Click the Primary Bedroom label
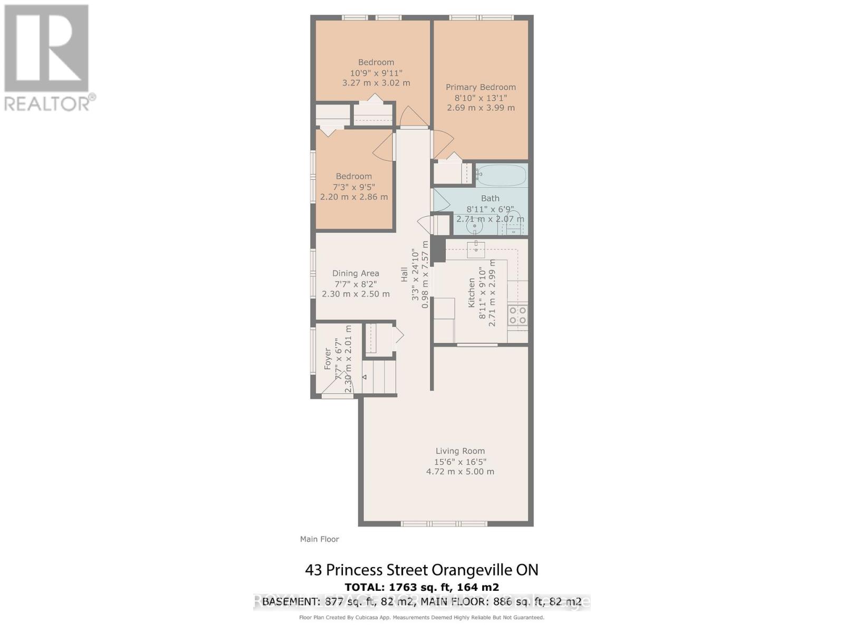coord(481,87)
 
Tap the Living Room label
coord(460,451)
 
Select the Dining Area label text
coord(356,273)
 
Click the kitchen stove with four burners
coord(517,315)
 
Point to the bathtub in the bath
coord(501,175)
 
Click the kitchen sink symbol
coord(476,250)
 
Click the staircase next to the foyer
coord(379,376)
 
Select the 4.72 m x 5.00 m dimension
coord(460,472)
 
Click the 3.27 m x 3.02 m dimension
coord(376,83)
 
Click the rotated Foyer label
coord(328,358)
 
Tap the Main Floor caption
coord(319,539)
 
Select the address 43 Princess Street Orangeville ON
coord(421,570)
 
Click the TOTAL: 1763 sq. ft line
coord(421,587)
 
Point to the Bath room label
coord(490,198)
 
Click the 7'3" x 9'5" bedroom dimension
coord(353,187)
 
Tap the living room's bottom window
coord(443,524)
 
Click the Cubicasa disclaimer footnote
coord(421,617)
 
